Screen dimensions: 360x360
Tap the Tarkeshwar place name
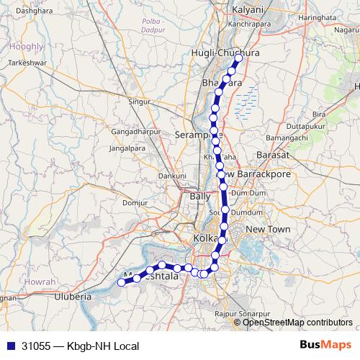(x=27, y=63)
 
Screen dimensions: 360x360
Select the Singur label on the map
(x=139, y=102)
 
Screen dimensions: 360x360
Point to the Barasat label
(x=273, y=155)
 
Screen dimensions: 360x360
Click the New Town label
(x=267, y=229)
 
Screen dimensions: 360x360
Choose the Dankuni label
(x=173, y=175)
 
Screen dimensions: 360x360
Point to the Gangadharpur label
(x=132, y=132)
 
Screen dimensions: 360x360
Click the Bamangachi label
(x=287, y=137)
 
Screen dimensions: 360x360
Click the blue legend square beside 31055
(x=10, y=346)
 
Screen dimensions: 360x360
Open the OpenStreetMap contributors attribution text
(x=297, y=323)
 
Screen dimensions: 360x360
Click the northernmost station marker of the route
(x=238, y=58)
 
